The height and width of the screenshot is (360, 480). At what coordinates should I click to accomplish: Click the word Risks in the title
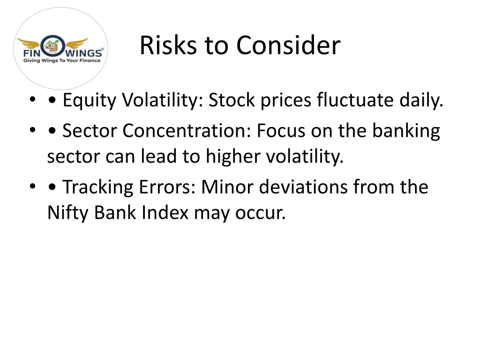pos(168,45)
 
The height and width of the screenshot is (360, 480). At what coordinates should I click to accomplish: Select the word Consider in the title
pos(288,45)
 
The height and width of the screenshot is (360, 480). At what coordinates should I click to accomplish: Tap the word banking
pos(406,131)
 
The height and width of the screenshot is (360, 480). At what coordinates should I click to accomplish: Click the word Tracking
pos(98,187)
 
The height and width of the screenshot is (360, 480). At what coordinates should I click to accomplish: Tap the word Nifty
pos(68,213)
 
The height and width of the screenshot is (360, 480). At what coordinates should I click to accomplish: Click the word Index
pos(165,212)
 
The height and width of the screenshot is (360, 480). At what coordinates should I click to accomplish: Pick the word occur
pos(260,213)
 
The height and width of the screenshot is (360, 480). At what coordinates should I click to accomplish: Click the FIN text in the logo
pos(32,53)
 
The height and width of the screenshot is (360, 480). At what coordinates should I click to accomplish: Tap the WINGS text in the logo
pos(84,53)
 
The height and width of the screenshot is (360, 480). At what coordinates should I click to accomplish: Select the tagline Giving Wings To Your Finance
pos(62,60)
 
